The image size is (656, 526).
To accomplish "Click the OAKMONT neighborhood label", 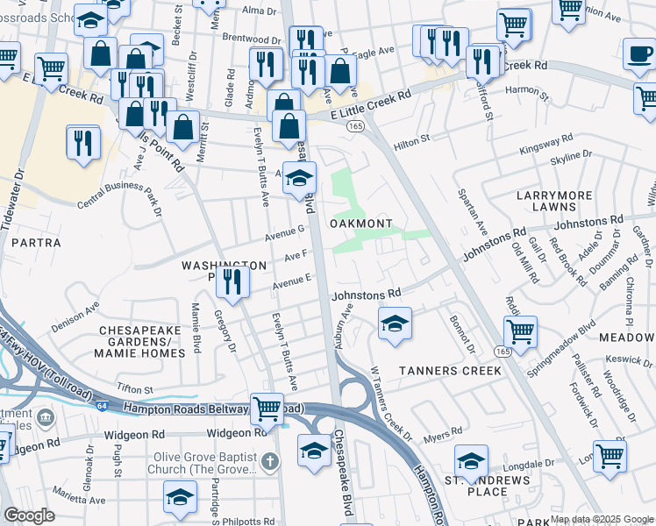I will tap(360, 224).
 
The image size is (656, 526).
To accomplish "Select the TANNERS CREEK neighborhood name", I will tap(450, 371).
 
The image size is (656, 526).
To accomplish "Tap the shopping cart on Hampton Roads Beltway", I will tap(267, 407).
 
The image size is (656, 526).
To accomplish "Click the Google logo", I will tap(29, 515).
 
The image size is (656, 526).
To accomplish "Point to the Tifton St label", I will tap(135, 388).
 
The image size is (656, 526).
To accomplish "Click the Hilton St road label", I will tap(411, 139).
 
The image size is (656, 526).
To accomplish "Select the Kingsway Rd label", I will tap(545, 142).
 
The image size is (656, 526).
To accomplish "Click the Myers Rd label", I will tap(443, 433).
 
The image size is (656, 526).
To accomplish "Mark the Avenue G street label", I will tap(285, 231).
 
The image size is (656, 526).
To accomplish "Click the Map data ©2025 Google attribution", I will tap(601, 518).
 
